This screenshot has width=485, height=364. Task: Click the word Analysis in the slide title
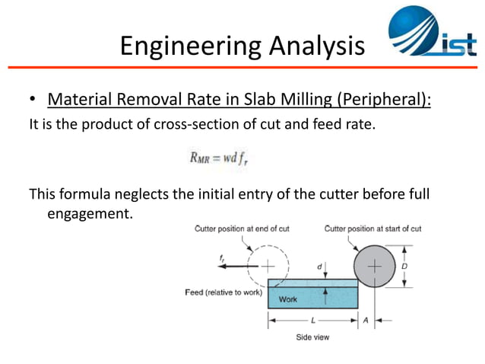click(313, 46)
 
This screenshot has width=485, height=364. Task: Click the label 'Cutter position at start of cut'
click(372, 228)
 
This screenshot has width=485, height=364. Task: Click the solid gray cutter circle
click(376, 267)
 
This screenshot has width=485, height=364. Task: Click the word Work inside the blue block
click(288, 299)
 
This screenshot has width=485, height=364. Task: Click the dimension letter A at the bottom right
click(365, 321)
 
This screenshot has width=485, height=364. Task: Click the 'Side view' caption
click(312, 337)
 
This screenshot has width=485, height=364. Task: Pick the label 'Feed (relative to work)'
click(223, 292)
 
